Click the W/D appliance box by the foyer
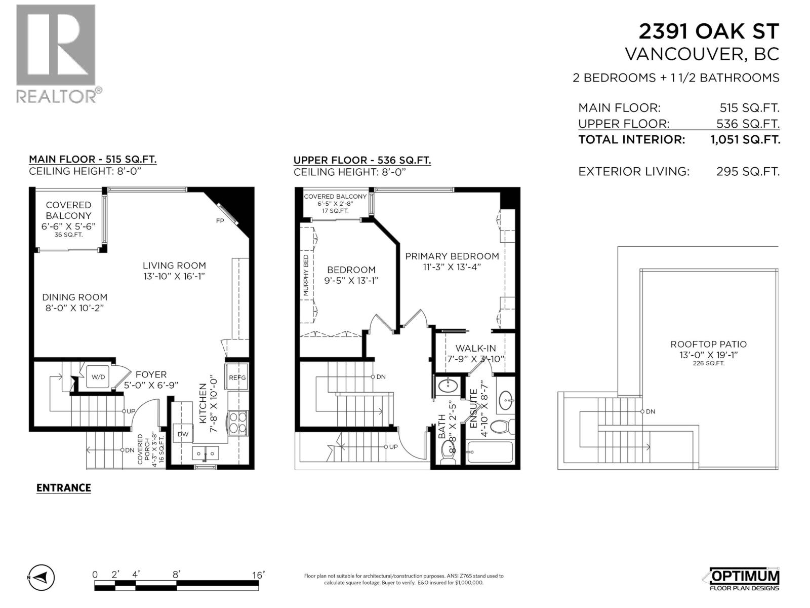(x=98, y=377)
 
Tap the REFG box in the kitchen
(x=237, y=377)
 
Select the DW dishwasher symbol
(x=183, y=434)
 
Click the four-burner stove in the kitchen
(x=238, y=423)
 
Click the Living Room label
(x=174, y=265)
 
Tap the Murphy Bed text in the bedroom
(x=306, y=276)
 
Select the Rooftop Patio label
(x=708, y=344)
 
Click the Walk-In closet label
(x=475, y=349)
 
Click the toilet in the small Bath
(x=448, y=452)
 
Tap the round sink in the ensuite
(x=506, y=402)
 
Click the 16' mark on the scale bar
(x=258, y=575)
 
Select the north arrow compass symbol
(x=41, y=577)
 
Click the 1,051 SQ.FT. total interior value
(x=745, y=140)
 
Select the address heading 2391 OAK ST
(x=708, y=31)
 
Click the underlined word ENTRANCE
(x=64, y=488)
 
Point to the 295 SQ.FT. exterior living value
(x=748, y=172)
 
